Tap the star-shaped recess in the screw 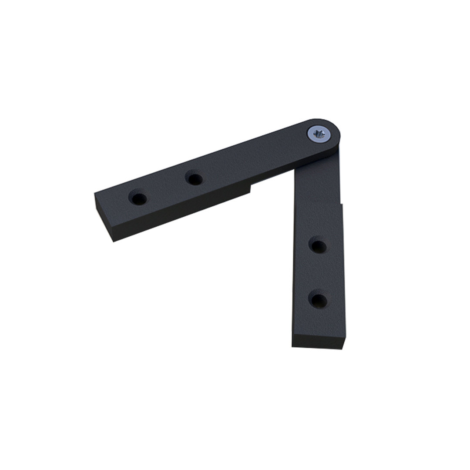(x=319, y=134)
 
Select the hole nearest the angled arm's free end (x=138, y=199)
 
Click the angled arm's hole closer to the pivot (x=194, y=178)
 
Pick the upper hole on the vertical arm (x=318, y=246)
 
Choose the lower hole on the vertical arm (x=318, y=300)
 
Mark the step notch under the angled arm (x=251, y=188)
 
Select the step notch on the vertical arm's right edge (x=341, y=204)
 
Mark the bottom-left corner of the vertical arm (x=292, y=346)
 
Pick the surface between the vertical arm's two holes (x=318, y=273)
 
